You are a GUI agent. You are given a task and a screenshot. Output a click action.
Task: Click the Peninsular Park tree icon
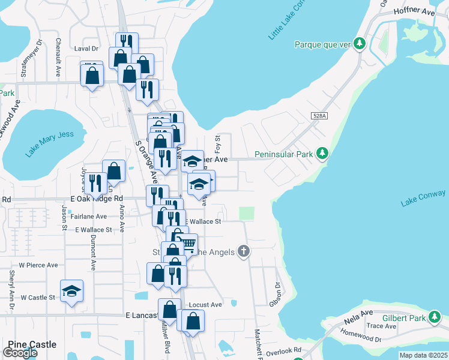point(322,154)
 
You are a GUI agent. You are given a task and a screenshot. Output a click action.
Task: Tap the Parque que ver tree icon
point(360,44)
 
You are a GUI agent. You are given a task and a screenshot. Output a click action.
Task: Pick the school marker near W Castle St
point(72,290)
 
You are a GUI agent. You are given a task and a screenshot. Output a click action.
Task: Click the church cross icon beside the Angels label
point(243,251)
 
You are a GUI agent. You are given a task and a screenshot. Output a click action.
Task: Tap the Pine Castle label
point(32,345)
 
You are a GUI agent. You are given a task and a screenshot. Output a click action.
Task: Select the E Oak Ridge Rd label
point(97,198)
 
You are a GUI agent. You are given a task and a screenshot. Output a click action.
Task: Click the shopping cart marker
point(188,243)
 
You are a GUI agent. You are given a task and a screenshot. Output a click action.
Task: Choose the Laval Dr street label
point(86,49)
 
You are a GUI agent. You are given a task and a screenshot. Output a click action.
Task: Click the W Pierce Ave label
point(38,265)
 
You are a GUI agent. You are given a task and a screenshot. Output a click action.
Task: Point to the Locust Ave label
point(205,305)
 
